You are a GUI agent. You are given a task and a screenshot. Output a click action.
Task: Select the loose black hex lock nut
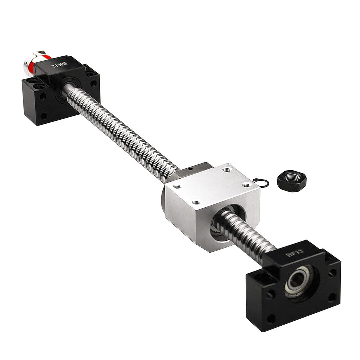[x=292, y=180]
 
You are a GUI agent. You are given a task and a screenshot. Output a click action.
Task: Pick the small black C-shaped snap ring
[x=261, y=182]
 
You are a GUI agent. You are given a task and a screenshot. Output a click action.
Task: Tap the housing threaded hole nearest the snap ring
[x=246, y=185]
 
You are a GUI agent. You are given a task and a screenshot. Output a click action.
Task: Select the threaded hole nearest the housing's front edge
[x=196, y=202]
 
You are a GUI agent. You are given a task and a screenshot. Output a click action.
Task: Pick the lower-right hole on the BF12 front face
[x=332, y=297]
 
